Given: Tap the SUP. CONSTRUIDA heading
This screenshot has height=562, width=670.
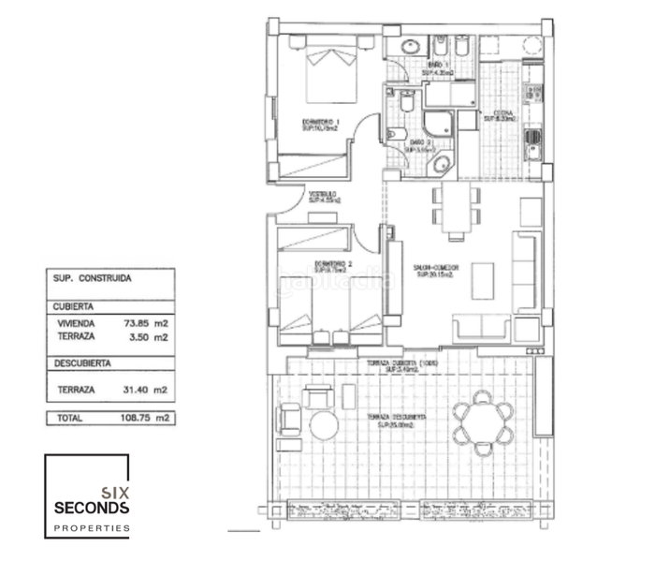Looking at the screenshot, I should pyautogui.click(x=92, y=278).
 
